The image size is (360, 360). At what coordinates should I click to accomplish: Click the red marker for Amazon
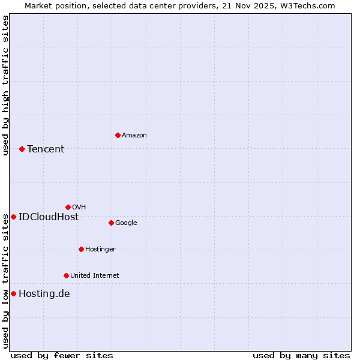pos(118,135)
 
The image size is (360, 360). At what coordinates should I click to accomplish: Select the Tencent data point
pos(22,149)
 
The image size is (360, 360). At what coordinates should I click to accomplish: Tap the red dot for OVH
pos(68,207)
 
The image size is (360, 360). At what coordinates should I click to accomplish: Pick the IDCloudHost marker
pos(13,217)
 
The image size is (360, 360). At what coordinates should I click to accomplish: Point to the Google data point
pos(111,223)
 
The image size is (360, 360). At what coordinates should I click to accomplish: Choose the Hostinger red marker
pos(81,249)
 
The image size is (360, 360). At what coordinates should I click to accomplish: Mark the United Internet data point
pos(66,275)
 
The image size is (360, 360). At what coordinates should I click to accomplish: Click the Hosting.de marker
pos(13,293)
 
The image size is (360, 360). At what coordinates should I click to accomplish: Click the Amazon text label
pos(134,136)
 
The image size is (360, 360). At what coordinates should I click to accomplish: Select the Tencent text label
pos(46,149)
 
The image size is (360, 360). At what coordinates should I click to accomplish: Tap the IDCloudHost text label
pos(49,217)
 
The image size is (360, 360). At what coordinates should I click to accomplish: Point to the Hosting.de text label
pos(44,294)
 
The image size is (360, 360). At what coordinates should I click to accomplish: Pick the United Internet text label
pos(95,276)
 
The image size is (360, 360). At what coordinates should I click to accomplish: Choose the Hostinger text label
pos(100,250)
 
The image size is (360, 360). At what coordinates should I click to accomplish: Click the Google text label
pos(126,223)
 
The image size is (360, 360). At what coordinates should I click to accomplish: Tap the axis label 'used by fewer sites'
pos(62,356)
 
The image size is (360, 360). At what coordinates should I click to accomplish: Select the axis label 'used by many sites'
pos(301,356)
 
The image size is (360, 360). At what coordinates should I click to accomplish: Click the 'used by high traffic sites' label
pos(5,85)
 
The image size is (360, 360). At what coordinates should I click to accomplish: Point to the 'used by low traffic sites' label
pos(5,280)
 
